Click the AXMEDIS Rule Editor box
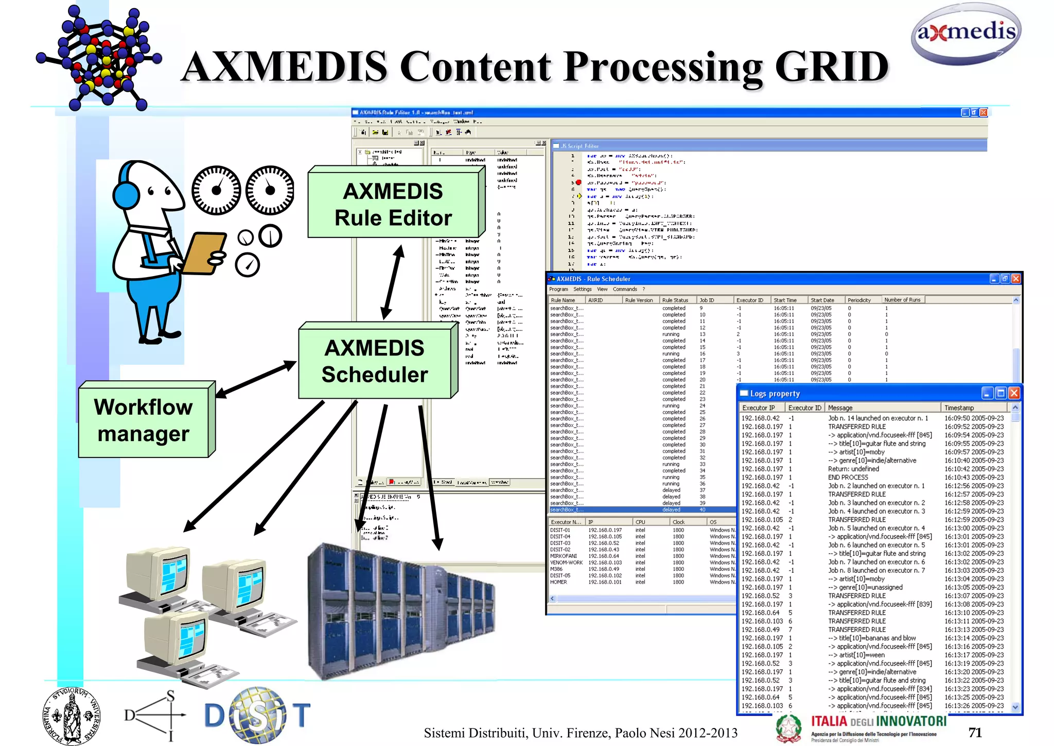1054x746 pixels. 393,205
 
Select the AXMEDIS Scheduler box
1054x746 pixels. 375,362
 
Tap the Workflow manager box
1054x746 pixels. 144,420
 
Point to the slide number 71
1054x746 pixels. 975,733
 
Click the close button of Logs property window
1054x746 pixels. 1014,394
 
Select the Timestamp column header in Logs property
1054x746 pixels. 959,408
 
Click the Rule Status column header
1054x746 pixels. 675,300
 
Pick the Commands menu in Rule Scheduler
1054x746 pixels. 625,289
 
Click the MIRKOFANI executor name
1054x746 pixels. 563,556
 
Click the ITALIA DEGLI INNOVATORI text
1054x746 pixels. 879,721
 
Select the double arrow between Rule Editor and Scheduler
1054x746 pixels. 393,282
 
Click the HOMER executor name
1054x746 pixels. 558,582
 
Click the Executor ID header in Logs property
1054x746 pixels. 804,408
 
